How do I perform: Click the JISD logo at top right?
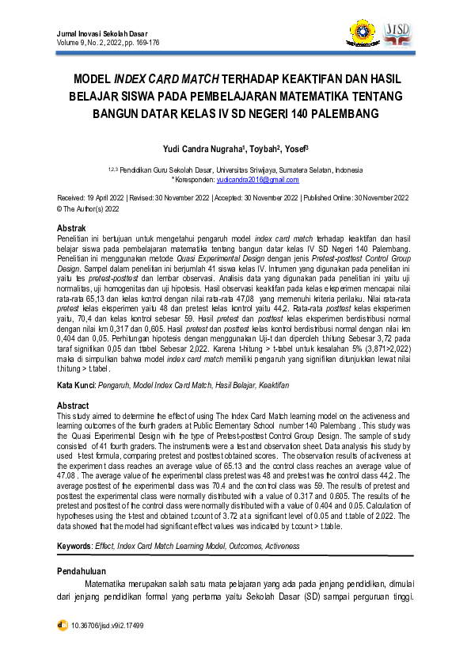(x=397, y=33)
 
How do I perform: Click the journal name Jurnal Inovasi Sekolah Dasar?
(x=101, y=33)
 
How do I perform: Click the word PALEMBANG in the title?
(x=338, y=112)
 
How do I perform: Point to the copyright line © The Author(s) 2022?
(x=89, y=210)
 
